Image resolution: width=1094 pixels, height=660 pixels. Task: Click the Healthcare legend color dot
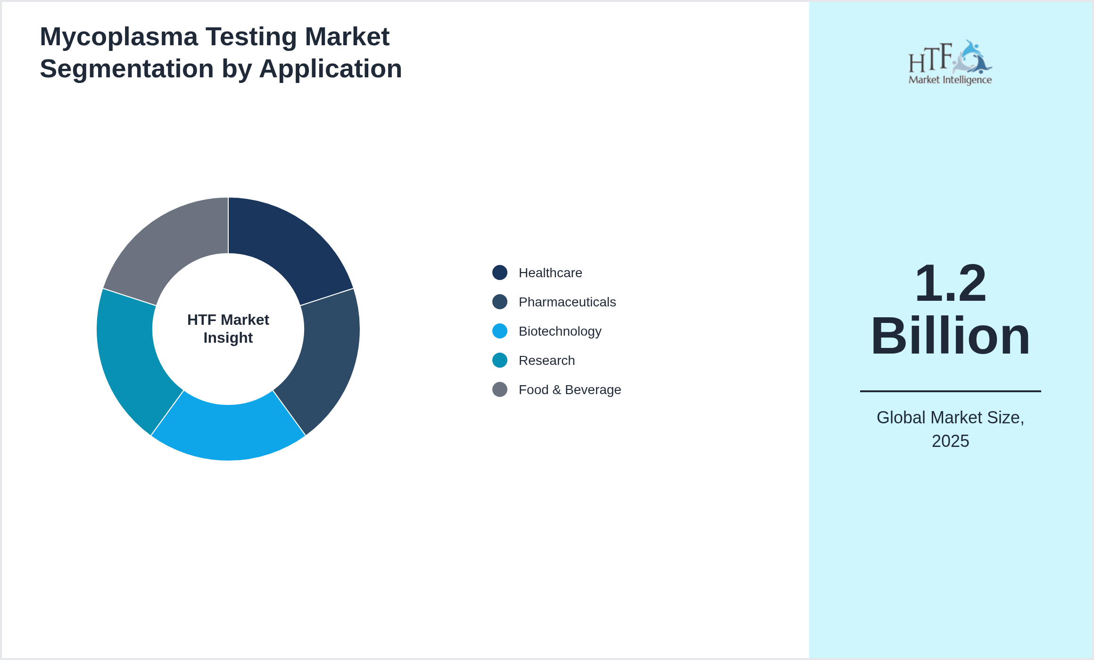[x=500, y=272]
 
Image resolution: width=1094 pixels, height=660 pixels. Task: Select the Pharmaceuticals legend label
[x=567, y=302]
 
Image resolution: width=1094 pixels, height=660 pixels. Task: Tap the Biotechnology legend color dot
[x=500, y=331]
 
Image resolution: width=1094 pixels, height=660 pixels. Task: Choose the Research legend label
[x=547, y=361]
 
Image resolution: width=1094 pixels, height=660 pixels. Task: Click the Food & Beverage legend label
[x=570, y=390]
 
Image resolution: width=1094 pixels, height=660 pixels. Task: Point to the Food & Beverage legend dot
[x=500, y=389]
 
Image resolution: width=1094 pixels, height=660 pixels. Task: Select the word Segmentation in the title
[x=126, y=69]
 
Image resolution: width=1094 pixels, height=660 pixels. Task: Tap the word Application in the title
[x=330, y=69]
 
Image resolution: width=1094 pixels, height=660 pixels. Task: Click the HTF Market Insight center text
[x=228, y=329]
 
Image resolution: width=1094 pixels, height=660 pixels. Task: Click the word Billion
[x=950, y=336]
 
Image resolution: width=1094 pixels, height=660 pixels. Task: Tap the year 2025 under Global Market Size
[x=950, y=441]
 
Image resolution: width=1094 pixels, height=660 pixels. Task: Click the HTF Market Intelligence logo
[x=950, y=62]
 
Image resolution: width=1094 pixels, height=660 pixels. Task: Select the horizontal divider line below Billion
[x=950, y=391]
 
